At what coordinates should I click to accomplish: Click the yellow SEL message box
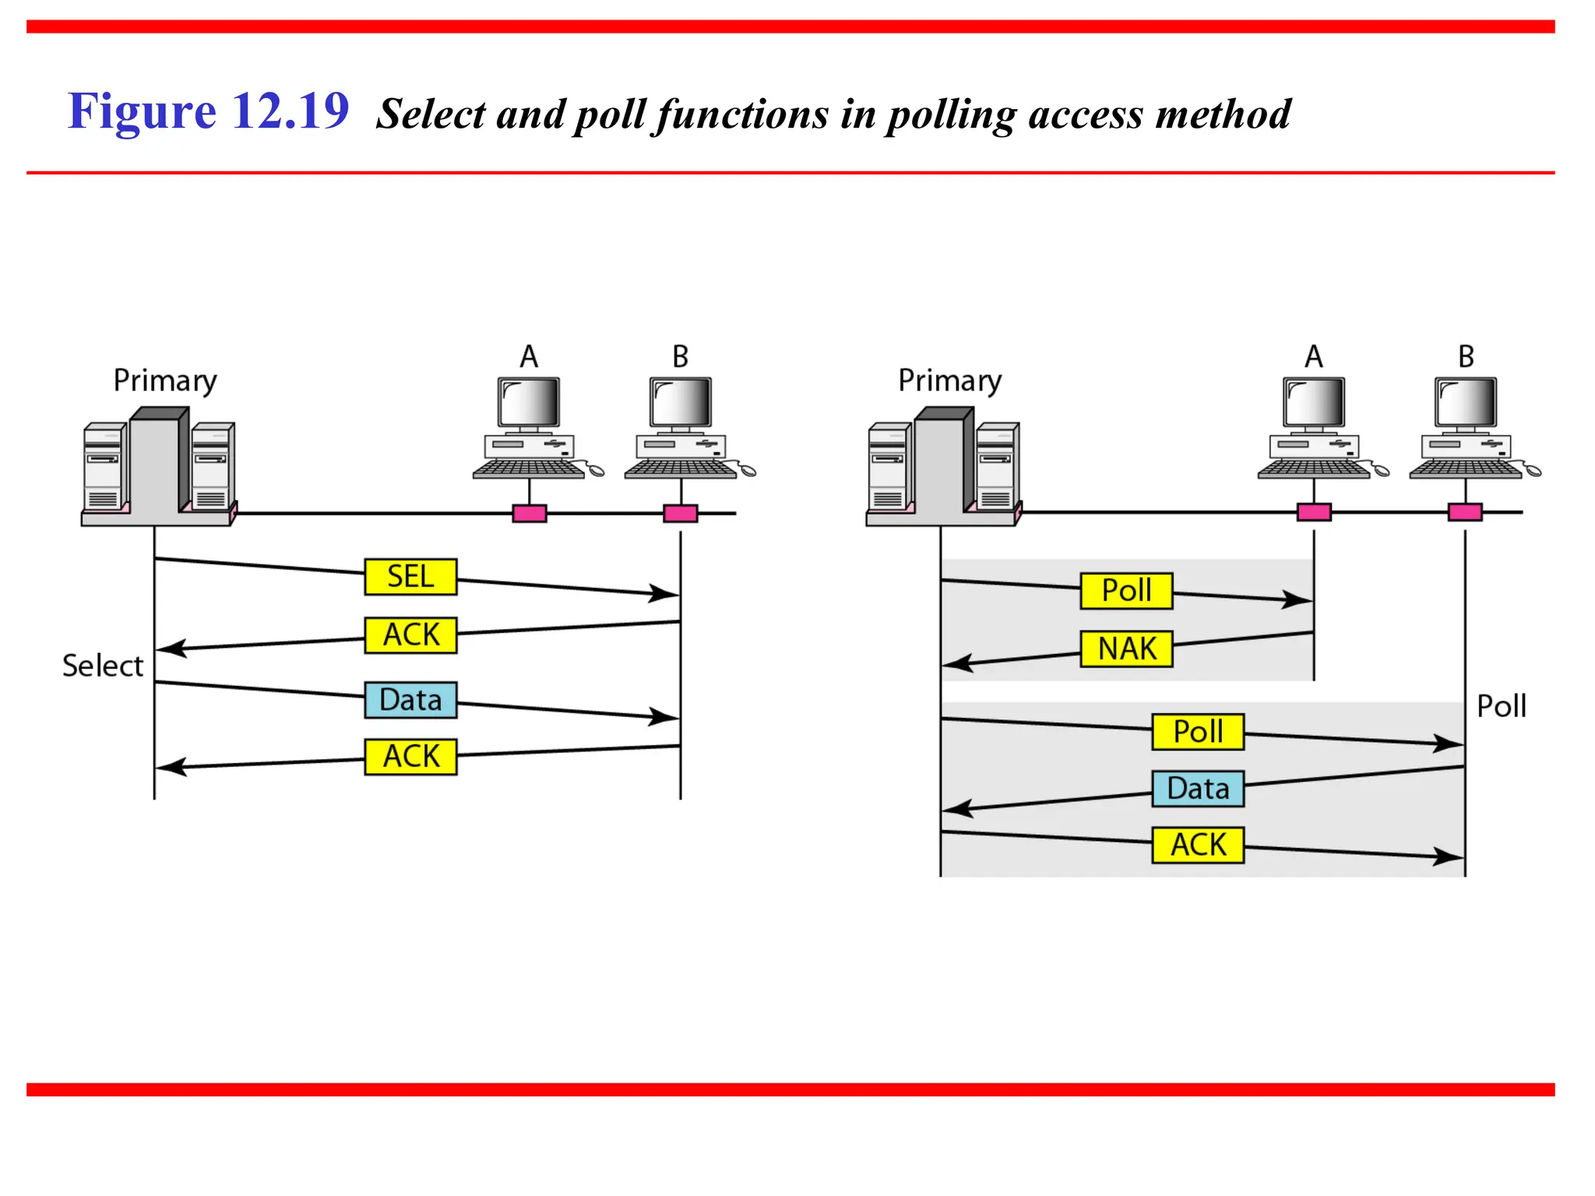click(410, 577)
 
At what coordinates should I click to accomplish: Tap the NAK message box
click(1126, 649)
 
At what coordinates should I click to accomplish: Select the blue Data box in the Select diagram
click(410, 700)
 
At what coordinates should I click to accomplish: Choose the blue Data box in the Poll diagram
click(1198, 789)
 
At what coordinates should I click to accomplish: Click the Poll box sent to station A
click(1126, 590)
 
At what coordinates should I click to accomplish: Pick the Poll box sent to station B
click(1198, 732)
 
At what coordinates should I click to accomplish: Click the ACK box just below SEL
click(410, 635)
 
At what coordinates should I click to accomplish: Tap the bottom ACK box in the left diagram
click(410, 757)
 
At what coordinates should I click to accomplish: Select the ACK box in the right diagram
click(1198, 845)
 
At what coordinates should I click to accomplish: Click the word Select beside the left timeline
click(103, 667)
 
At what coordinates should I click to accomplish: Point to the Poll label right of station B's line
click(1501, 707)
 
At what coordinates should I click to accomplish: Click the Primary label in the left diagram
click(165, 381)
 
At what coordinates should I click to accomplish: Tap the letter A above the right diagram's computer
click(1314, 357)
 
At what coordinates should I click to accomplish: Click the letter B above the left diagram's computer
click(681, 357)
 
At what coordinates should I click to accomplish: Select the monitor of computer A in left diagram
click(529, 402)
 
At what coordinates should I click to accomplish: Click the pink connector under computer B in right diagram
click(1465, 512)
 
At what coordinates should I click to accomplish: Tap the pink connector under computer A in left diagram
click(530, 513)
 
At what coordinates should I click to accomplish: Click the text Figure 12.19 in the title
click(208, 111)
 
